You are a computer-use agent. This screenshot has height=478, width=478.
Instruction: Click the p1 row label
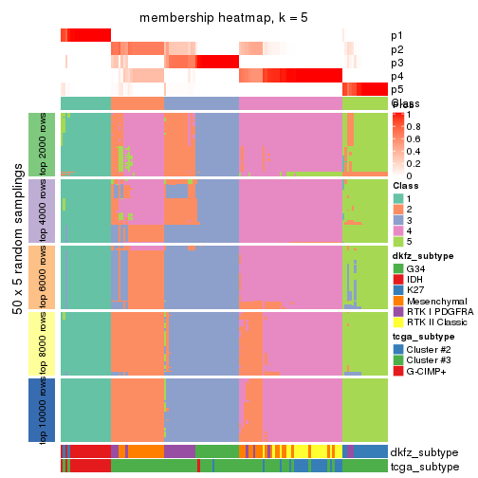pos(397,36)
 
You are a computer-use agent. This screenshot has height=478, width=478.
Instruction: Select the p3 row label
pos(397,63)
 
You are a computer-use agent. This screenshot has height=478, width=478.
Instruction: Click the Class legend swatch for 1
pos(398,198)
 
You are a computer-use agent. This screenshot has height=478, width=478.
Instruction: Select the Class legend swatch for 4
pos(398,230)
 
